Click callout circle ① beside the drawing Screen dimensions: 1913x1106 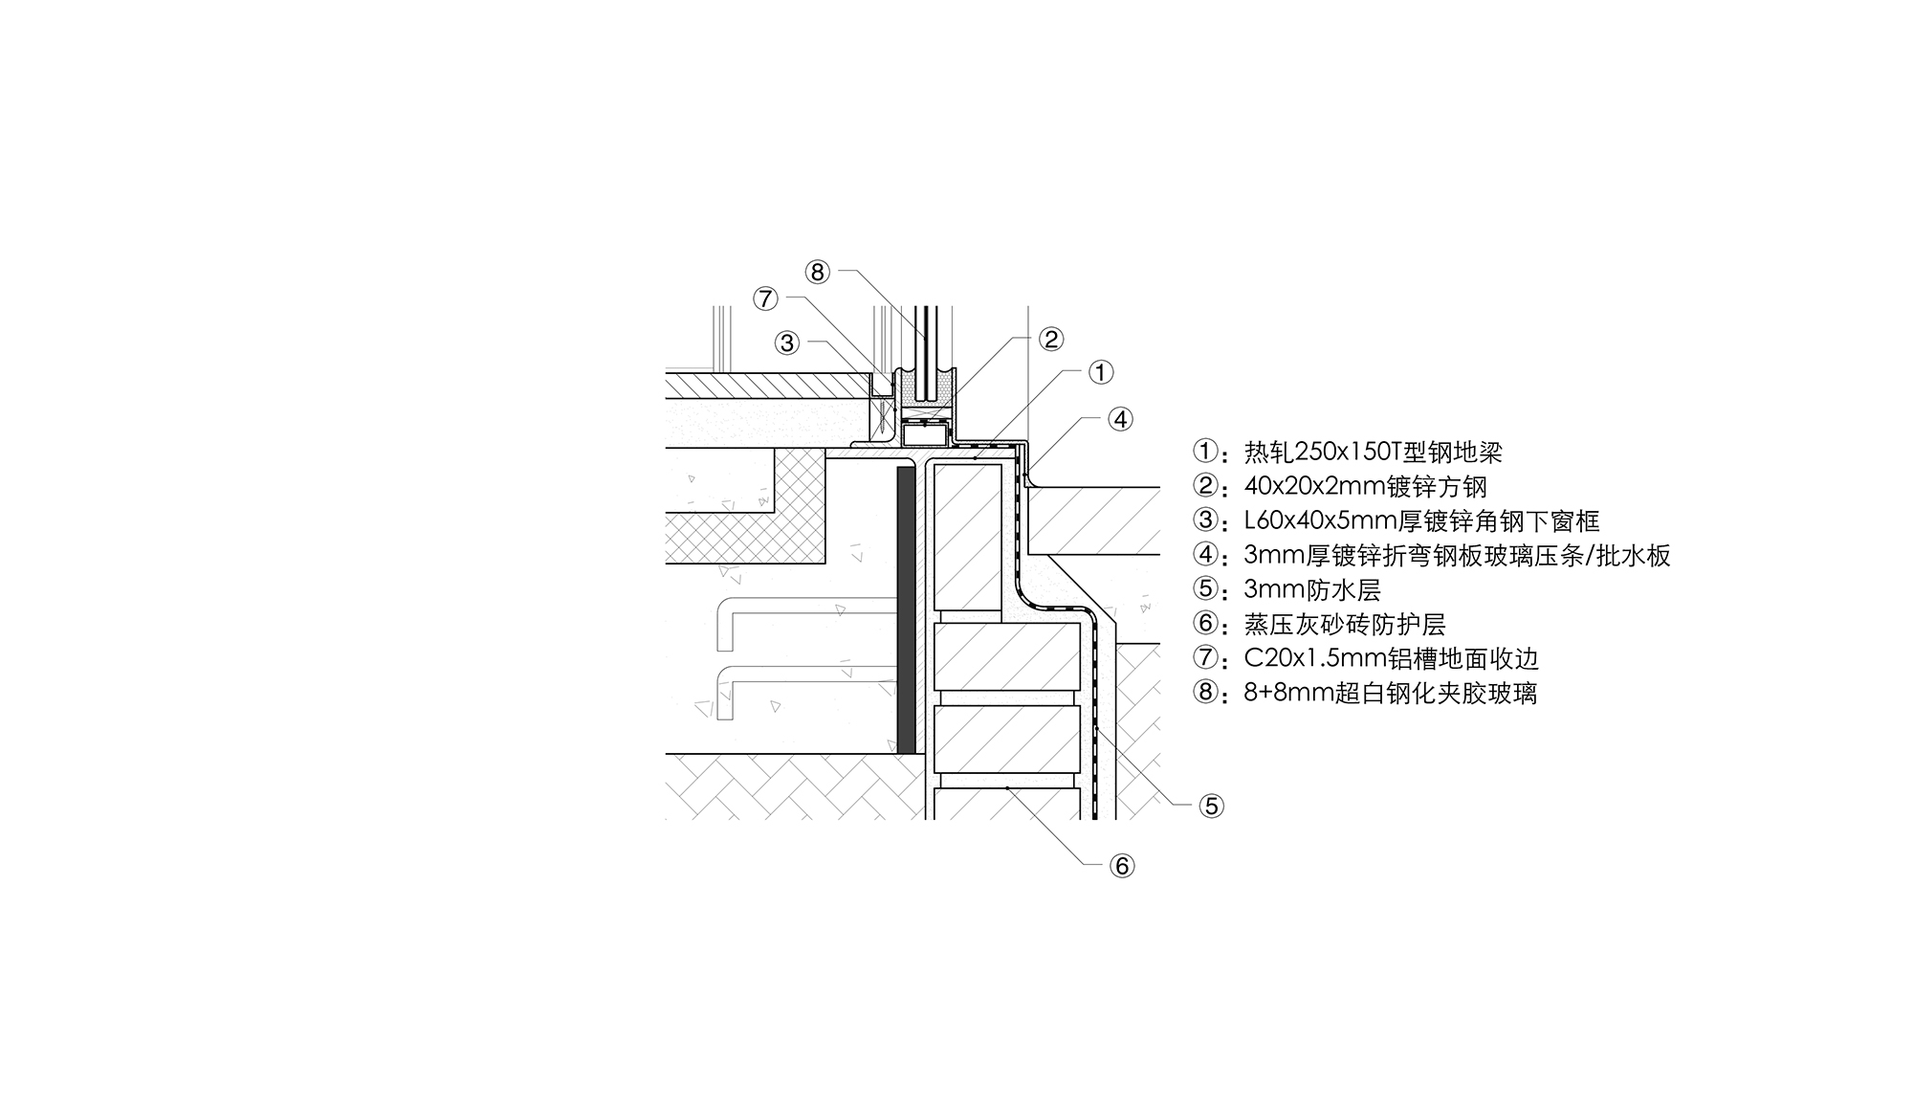(x=1101, y=372)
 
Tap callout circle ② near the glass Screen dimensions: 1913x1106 (x=1051, y=339)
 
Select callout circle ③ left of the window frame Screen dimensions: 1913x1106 (x=787, y=343)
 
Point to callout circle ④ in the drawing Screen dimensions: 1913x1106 (x=1121, y=419)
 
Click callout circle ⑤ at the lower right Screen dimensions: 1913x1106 (x=1212, y=807)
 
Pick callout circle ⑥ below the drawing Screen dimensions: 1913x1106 (x=1122, y=866)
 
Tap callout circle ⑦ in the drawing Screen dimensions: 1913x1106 (x=765, y=299)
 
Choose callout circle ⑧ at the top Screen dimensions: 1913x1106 (x=817, y=273)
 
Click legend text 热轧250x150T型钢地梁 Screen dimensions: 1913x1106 (x=1374, y=452)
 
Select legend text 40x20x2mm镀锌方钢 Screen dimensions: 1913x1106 (x=1366, y=486)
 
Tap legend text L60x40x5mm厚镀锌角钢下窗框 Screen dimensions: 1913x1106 (x=1421, y=520)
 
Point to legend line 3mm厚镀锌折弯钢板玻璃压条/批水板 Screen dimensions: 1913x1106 (x=1457, y=555)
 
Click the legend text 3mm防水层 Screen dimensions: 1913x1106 (x=1312, y=589)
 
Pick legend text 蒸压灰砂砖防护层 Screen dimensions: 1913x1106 (x=1345, y=624)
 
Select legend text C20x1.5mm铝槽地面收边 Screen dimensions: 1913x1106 (x=1392, y=658)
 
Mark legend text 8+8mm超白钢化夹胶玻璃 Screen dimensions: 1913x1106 (x=1391, y=693)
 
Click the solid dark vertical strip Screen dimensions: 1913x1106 (x=906, y=610)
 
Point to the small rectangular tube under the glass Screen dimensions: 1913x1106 (x=924, y=436)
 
